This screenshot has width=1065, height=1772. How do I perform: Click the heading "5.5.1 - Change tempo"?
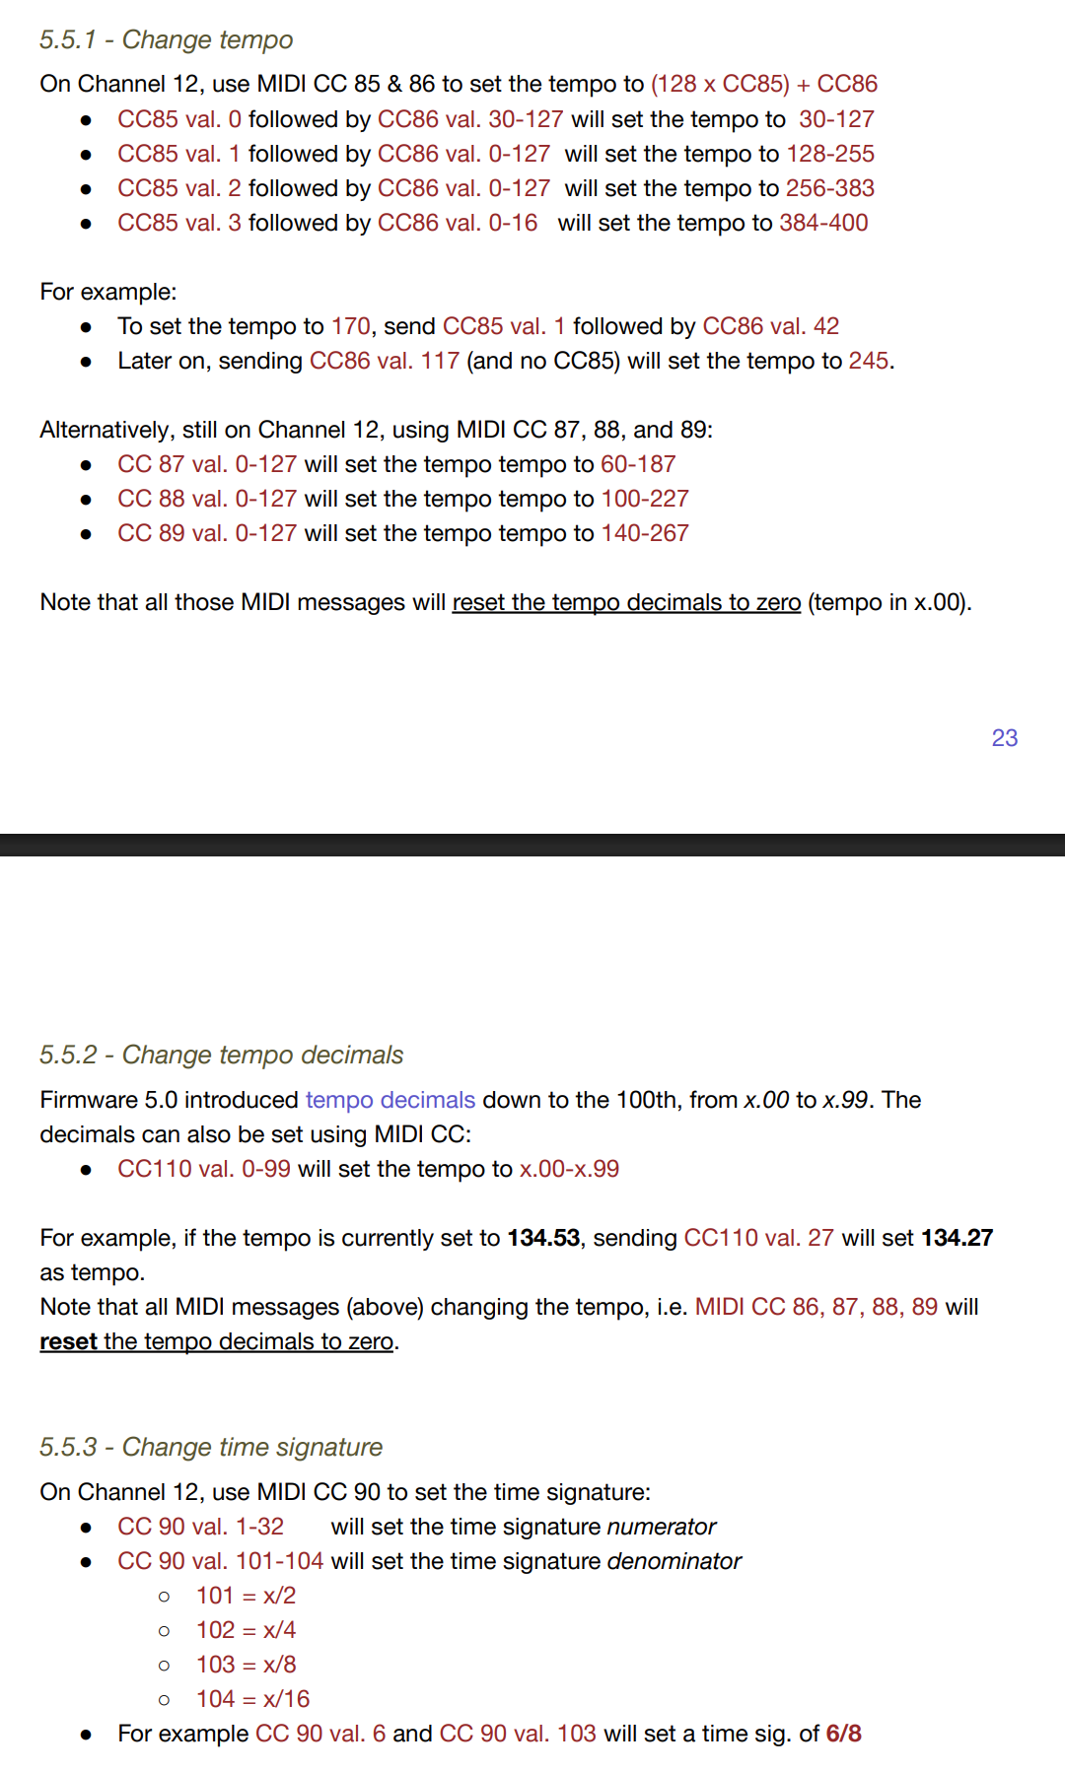(x=166, y=39)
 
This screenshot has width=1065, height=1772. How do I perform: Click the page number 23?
(x=1004, y=737)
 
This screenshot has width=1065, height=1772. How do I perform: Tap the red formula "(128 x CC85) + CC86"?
(x=763, y=84)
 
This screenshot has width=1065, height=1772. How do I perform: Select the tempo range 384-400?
(x=823, y=223)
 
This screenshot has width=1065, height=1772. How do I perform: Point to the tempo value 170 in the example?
(x=350, y=326)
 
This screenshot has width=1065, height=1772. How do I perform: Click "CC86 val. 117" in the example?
(x=384, y=361)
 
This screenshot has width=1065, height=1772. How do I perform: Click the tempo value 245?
(x=868, y=361)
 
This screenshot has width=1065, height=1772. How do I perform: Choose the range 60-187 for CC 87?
(x=638, y=464)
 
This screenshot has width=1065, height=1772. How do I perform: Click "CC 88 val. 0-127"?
(x=206, y=499)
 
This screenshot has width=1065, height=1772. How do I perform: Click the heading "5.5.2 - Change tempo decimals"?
(x=221, y=1055)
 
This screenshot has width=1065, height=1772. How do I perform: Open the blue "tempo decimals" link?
(x=390, y=1100)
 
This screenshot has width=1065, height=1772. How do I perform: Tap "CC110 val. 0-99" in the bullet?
(x=203, y=1169)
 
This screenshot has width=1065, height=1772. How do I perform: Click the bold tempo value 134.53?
(x=542, y=1238)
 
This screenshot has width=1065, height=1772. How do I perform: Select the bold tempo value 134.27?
(x=957, y=1238)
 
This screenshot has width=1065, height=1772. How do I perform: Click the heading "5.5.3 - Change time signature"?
(x=210, y=1447)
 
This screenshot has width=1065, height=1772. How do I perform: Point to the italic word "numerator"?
(x=661, y=1527)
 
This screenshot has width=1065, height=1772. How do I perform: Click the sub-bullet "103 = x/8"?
(x=246, y=1665)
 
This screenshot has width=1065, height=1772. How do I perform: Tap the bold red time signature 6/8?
(x=843, y=1734)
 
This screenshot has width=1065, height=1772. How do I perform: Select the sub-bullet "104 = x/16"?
(x=252, y=1699)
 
